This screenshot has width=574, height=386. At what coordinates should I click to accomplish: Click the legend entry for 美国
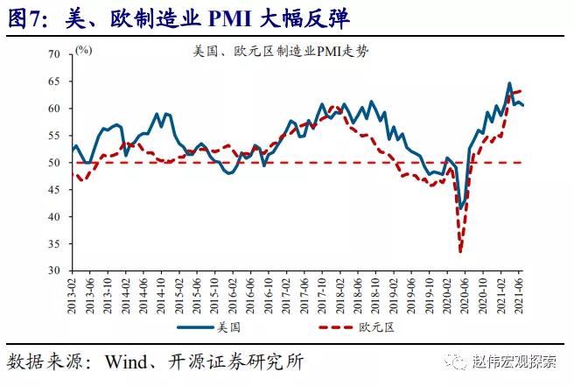coord(227,327)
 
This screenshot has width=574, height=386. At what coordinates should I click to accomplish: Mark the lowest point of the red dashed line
coord(461,252)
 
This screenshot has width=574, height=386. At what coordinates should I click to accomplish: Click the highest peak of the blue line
coord(509,84)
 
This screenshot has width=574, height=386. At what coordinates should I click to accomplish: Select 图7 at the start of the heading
coord(26,17)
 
